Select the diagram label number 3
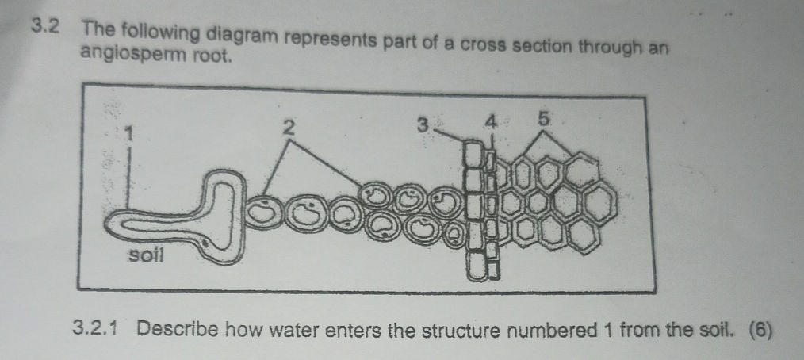[x=423, y=125]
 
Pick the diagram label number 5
[x=544, y=121]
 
